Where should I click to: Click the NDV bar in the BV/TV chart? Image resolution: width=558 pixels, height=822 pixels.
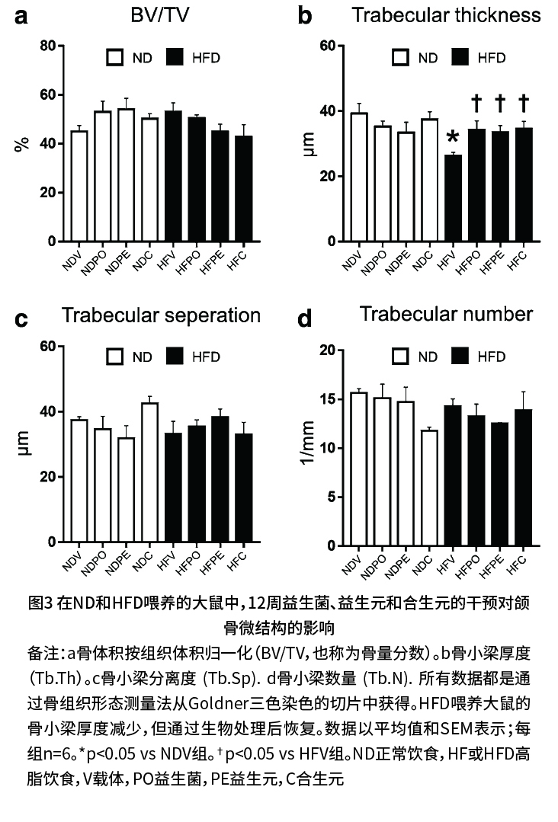tap(79, 186)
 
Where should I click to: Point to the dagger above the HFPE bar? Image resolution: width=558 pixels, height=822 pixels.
tap(500, 102)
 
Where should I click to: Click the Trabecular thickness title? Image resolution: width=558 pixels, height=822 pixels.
tap(447, 14)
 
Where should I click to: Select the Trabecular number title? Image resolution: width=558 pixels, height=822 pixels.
tap(446, 314)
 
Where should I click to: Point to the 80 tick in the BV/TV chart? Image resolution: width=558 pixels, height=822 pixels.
tap(48, 46)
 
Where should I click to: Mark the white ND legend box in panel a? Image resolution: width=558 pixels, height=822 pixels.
tap(115, 57)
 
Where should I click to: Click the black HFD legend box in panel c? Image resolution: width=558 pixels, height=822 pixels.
tap(175, 356)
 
